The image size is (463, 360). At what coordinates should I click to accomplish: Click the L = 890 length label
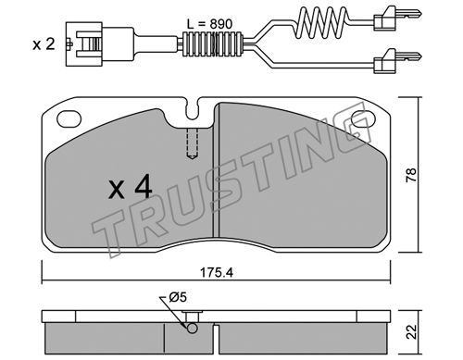209,24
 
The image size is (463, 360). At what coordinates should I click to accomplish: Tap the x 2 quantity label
44,44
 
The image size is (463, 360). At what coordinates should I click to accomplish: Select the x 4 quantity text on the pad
131,187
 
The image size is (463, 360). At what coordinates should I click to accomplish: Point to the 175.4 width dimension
217,272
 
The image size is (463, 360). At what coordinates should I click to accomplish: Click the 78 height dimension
411,175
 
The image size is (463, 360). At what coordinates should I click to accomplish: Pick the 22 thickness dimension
412,331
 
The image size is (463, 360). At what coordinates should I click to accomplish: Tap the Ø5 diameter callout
178,298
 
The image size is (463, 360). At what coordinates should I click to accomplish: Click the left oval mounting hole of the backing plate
69,118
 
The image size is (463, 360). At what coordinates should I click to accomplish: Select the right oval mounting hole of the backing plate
363,118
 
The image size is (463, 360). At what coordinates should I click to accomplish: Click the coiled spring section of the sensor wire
323,21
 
